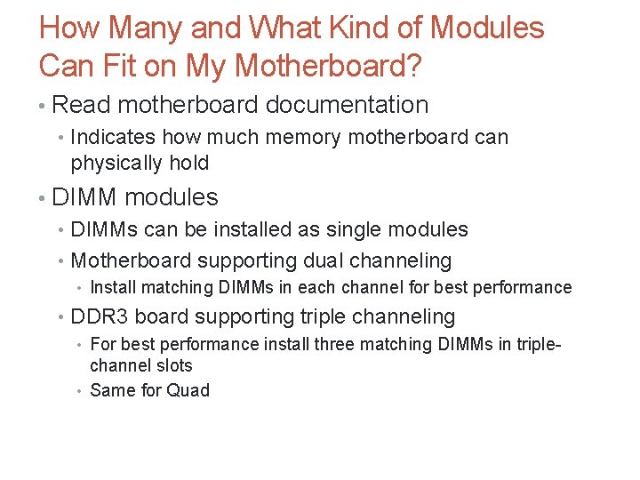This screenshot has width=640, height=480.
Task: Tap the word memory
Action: point(308,138)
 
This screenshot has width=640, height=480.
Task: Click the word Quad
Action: point(188,390)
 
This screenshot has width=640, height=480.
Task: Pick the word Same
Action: point(112,390)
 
